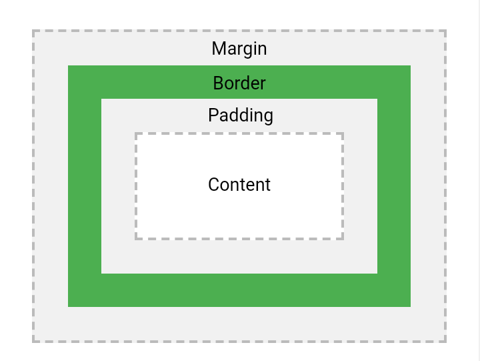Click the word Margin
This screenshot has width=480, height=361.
[x=239, y=49]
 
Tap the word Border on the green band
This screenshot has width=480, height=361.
[x=239, y=83]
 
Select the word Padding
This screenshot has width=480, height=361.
[x=241, y=115]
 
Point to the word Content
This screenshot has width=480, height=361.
[x=239, y=185]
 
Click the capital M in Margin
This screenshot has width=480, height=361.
[x=219, y=49]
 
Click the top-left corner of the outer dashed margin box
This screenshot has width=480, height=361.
[x=33, y=31]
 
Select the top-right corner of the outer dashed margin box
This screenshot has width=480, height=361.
[x=445, y=31]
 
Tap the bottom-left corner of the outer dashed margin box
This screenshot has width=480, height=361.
[x=33, y=342]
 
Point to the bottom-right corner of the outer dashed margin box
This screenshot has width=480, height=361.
[x=445, y=342]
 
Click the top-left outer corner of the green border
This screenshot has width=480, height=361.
[x=68, y=65]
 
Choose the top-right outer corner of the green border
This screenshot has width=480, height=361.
[x=410, y=65]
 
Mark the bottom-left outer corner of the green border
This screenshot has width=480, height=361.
[x=68, y=306]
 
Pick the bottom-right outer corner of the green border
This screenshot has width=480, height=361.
[x=410, y=306]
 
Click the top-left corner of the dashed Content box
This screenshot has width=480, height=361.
[x=136, y=133]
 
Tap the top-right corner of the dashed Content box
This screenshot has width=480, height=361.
[x=343, y=133]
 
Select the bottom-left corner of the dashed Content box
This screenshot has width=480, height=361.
[x=136, y=238]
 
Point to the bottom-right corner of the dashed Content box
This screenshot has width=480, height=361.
[x=343, y=238]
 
